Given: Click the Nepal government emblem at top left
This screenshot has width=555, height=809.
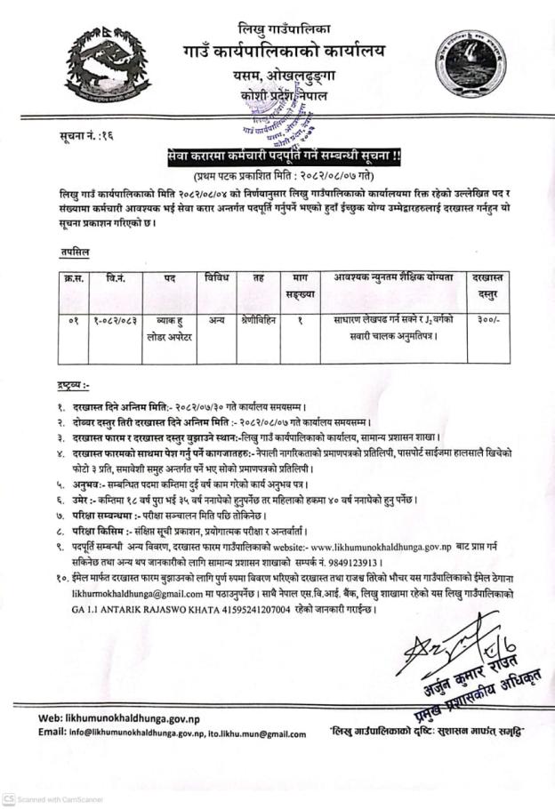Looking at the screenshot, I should (x=107, y=64).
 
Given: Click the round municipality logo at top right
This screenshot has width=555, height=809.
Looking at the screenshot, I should (x=470, y=63).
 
